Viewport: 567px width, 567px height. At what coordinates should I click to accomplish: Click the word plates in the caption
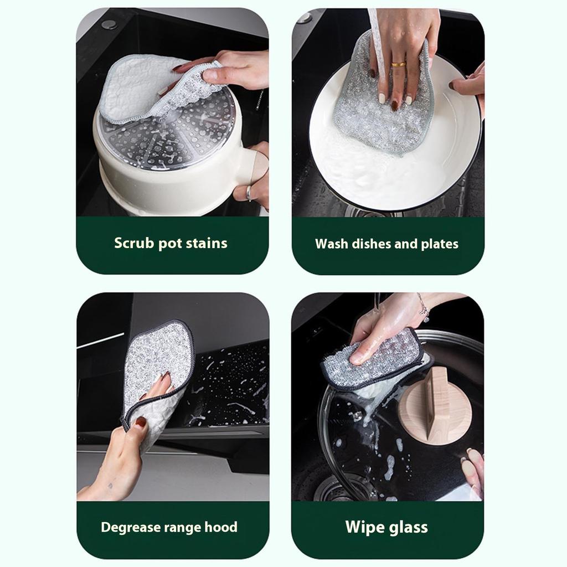point(440,244)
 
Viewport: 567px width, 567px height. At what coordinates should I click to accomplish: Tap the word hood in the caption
point(221,527)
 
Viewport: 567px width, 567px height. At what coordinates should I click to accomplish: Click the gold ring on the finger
point(398,64)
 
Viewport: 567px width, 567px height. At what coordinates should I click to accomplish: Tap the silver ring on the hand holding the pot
point(249,193)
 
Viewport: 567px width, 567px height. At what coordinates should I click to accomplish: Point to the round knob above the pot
point(109,24)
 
